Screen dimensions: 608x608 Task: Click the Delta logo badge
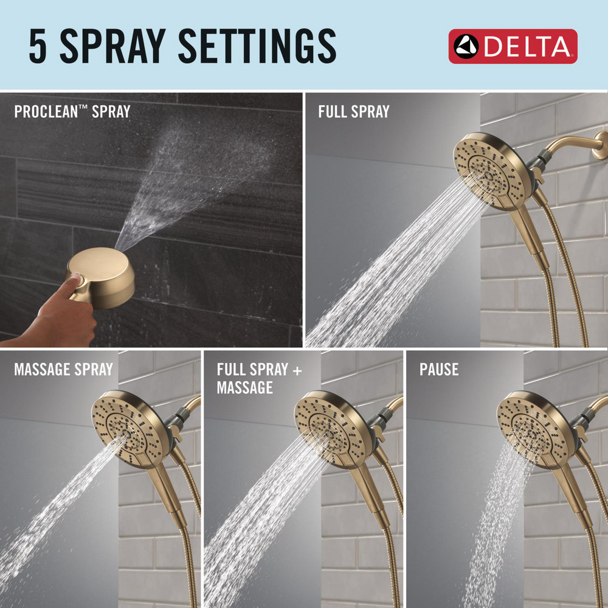click(x=513, y=46)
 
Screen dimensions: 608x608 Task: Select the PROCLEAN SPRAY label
click(x=72, y=112)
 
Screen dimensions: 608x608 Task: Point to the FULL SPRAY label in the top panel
click(x=353, y=112)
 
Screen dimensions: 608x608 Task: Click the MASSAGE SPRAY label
click(x=63, y=369)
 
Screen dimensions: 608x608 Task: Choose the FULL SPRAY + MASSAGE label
click(x=259, y=378)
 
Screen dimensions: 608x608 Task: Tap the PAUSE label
click(x=438, y=369)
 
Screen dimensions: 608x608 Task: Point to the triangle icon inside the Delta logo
click(x=466, y=47)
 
